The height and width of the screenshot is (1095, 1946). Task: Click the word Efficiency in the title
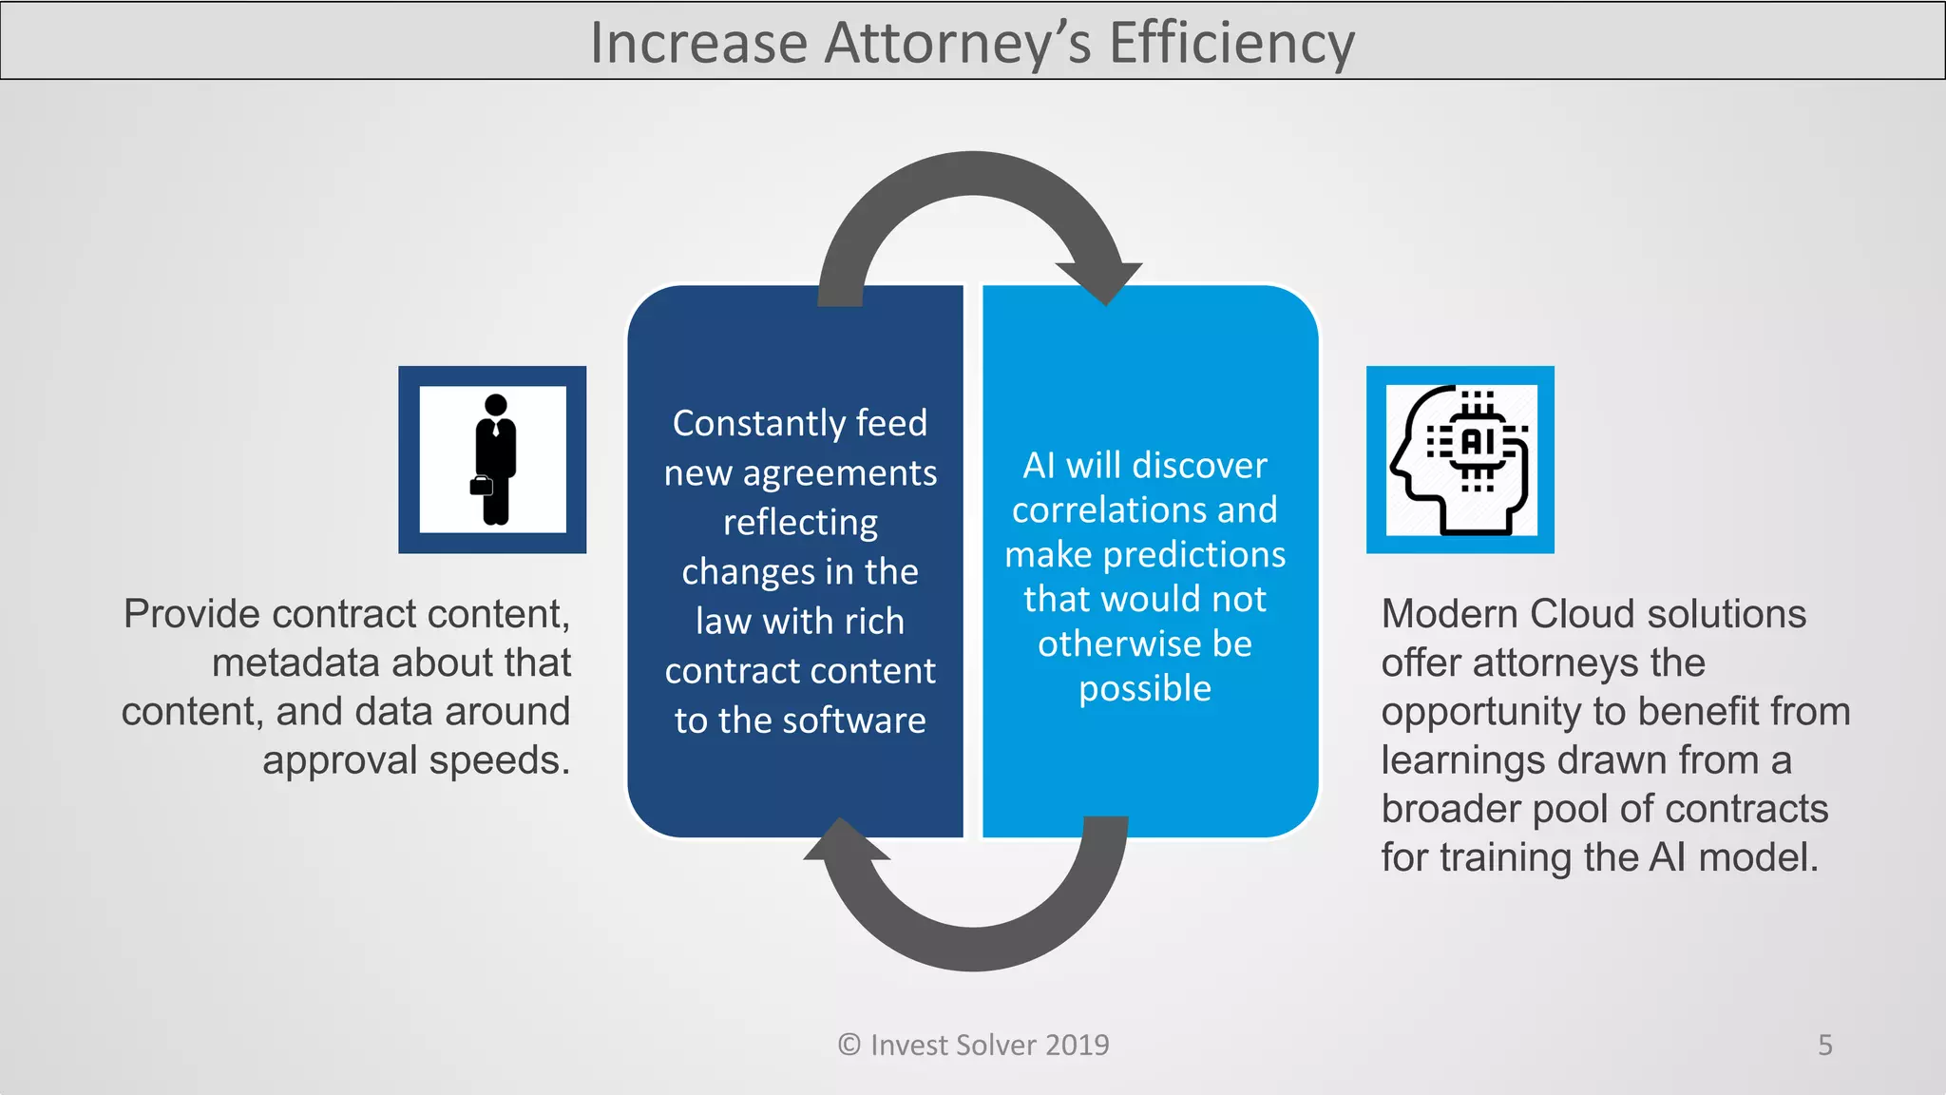(1231, 43)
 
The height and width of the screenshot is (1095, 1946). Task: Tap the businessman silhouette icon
(494, 459)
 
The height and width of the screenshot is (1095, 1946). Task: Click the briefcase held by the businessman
(482, 486)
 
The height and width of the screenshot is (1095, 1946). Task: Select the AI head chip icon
(1460, 460)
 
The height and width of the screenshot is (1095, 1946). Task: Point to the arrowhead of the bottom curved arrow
(846, 840)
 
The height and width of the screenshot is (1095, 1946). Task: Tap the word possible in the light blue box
(1145, 688)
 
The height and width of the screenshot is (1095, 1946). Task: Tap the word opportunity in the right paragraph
(1480, 712)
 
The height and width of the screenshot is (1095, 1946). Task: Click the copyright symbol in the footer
(849, 1045)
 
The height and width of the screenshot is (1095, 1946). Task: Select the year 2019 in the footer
(1078, 1045)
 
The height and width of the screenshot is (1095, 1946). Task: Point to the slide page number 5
(1824, 1045)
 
